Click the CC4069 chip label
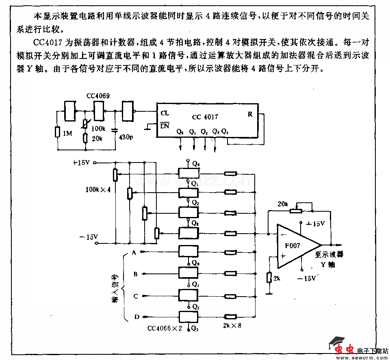[x=98, y=96]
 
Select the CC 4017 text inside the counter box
[x=205, y=117]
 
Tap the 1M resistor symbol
[x=58, y=132]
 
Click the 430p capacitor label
[x=126, y=137]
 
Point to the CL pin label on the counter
[x=165, y=113]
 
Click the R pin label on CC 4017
[x=250, y=114]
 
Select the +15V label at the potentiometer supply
[x=81, y=163]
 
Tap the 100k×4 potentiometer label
[x=98, y=189]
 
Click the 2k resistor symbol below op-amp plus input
[x=269, y=278]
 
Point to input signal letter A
[x=134, y=253]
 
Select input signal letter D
[x=136, y=317]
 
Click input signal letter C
[x=136, y=296]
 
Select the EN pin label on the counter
[x=165, y=126]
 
